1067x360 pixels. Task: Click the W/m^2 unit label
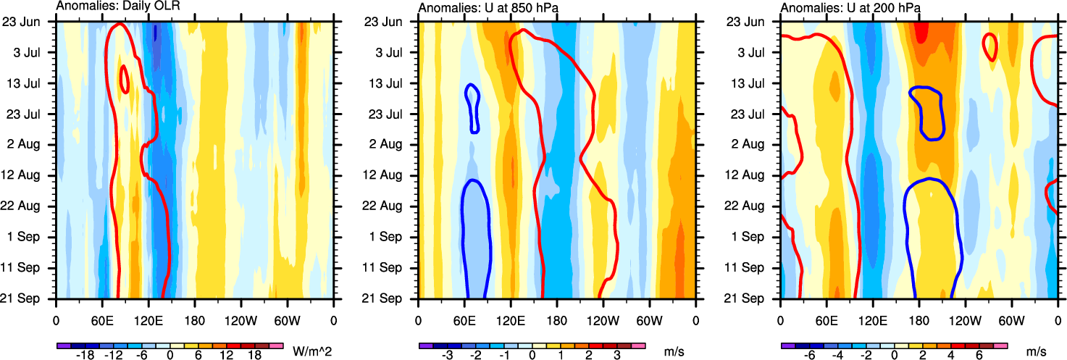coord(312,351)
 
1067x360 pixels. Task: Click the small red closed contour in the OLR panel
coord(125,79)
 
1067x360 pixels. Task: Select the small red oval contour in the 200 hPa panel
coord(989,46)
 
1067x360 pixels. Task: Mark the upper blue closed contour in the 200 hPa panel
coord(927,112)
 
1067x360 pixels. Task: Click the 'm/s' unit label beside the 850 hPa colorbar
coord(673,351)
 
